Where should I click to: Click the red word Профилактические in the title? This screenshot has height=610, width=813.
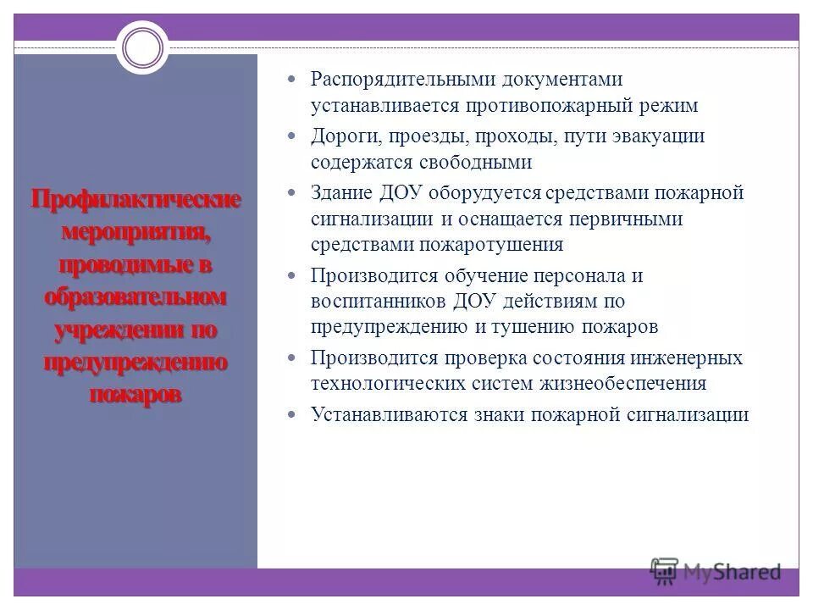point(136,201)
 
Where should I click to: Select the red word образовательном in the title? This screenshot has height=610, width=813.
point(136,297)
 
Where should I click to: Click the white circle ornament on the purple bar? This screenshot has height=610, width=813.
point(142,46)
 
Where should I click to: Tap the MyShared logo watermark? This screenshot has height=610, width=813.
point(716,572)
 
